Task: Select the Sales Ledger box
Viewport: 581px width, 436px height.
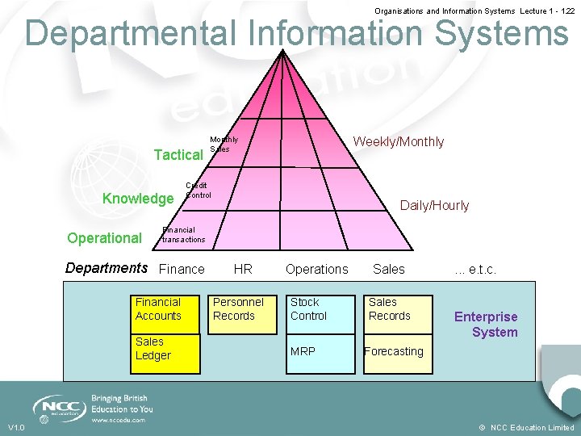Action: pos(166,353)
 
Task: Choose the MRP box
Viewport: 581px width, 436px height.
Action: pos(321,353)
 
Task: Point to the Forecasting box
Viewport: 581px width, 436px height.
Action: pos(399,353)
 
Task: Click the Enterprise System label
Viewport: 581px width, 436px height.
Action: pos(487,325)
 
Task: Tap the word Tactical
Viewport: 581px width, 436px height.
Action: pos(178,155)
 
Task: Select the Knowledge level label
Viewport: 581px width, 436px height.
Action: pos(138,199)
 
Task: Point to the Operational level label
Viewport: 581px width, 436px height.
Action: pos(104,238)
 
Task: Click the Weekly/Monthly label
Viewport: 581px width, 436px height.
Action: pos(399,142)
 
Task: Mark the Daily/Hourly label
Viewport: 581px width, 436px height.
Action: pos(434,206)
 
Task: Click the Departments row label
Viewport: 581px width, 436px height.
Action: pos(107,268)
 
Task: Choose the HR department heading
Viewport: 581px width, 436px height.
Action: pos(243,269)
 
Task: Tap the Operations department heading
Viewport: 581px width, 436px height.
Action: pos(317,269)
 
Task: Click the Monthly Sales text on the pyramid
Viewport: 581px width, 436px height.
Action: pos(224,145)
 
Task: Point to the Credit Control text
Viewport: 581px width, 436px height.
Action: pos(198,191)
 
